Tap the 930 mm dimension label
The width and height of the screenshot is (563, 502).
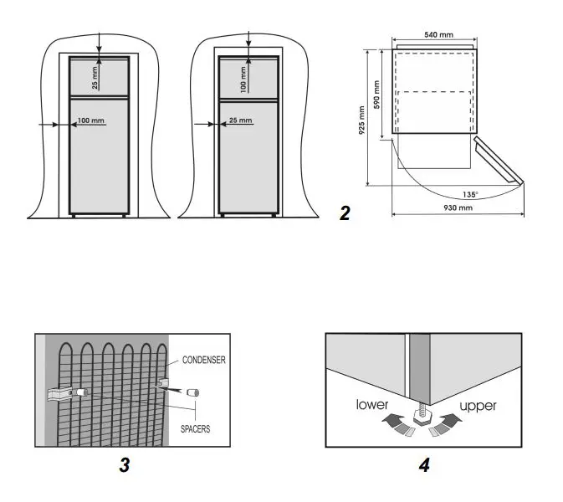click(458, 207)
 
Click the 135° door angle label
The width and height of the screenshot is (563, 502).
click(470, 194)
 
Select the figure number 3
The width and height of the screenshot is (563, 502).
click(124, 466)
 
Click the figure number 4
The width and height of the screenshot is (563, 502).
click(424, 466)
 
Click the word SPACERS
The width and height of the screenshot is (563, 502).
click(194, 428)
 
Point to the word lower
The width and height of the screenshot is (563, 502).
click(371, 406)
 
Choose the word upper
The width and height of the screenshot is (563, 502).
click(478, 406)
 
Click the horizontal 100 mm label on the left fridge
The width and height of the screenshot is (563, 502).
click(91, 120)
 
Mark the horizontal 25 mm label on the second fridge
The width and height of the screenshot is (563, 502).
click(239, 120)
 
